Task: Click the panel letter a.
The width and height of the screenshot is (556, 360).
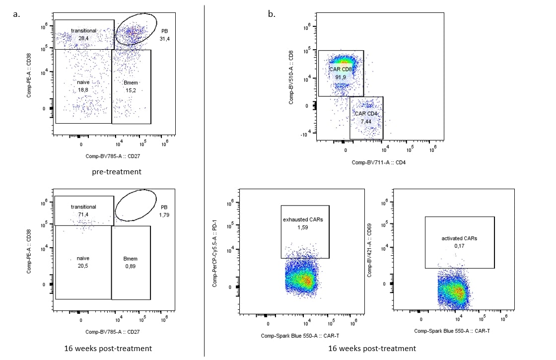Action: click(x=17, y=14)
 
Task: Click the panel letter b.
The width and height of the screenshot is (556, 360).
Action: click(x=271, y=14)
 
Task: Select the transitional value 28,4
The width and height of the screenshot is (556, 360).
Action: click(x=83, y=38)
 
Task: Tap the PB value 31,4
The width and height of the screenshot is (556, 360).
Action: click(x=165, y=38)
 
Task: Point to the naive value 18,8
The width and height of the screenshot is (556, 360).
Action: click(x=83, y=90)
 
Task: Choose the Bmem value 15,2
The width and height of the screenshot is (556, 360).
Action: click(x=131, y=90)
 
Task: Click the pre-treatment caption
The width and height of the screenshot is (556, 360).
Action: click(x=117, y=172)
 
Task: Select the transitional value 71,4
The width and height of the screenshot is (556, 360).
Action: click(x=83, y=214)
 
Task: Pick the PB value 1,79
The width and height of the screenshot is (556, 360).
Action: click(x=164, y=215)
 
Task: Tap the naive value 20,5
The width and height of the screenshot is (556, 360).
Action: click(x=83, y=266)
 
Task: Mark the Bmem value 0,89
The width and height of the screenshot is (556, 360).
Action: click(x=131, y=266)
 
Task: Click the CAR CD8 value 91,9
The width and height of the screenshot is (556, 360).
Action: click(x=341, y=77)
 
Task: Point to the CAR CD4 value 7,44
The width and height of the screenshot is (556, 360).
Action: click(x=366, y=121)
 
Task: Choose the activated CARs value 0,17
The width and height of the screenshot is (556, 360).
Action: click(x=460, y=246)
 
